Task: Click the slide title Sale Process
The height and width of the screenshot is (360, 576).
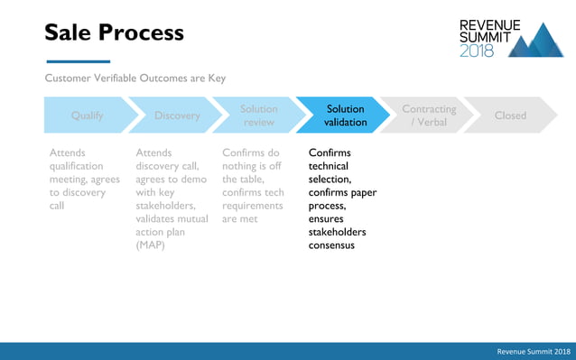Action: point(115,33)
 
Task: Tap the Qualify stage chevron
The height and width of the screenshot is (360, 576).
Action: point(87,115)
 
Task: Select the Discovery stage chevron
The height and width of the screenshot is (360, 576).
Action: point(177,115)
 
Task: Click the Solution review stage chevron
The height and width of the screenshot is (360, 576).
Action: point(259,115)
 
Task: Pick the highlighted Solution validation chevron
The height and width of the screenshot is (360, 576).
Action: point(346,115)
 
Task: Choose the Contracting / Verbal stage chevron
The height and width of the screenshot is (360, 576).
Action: point(429,115)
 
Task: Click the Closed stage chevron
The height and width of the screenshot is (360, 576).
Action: point(510,115)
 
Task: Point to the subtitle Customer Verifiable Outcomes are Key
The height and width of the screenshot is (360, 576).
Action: point(135,78)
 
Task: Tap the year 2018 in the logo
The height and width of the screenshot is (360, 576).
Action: point(478,51)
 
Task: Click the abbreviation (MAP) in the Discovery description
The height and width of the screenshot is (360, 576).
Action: point(151,245)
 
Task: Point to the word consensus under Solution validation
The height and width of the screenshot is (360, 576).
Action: point(331,245)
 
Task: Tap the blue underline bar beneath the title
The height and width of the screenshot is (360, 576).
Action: point(77,61)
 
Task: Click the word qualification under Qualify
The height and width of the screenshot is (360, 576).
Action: point(77,166)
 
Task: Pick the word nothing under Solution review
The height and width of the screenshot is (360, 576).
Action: point(241,166)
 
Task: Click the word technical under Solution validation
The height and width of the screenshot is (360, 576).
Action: point(329,166)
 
